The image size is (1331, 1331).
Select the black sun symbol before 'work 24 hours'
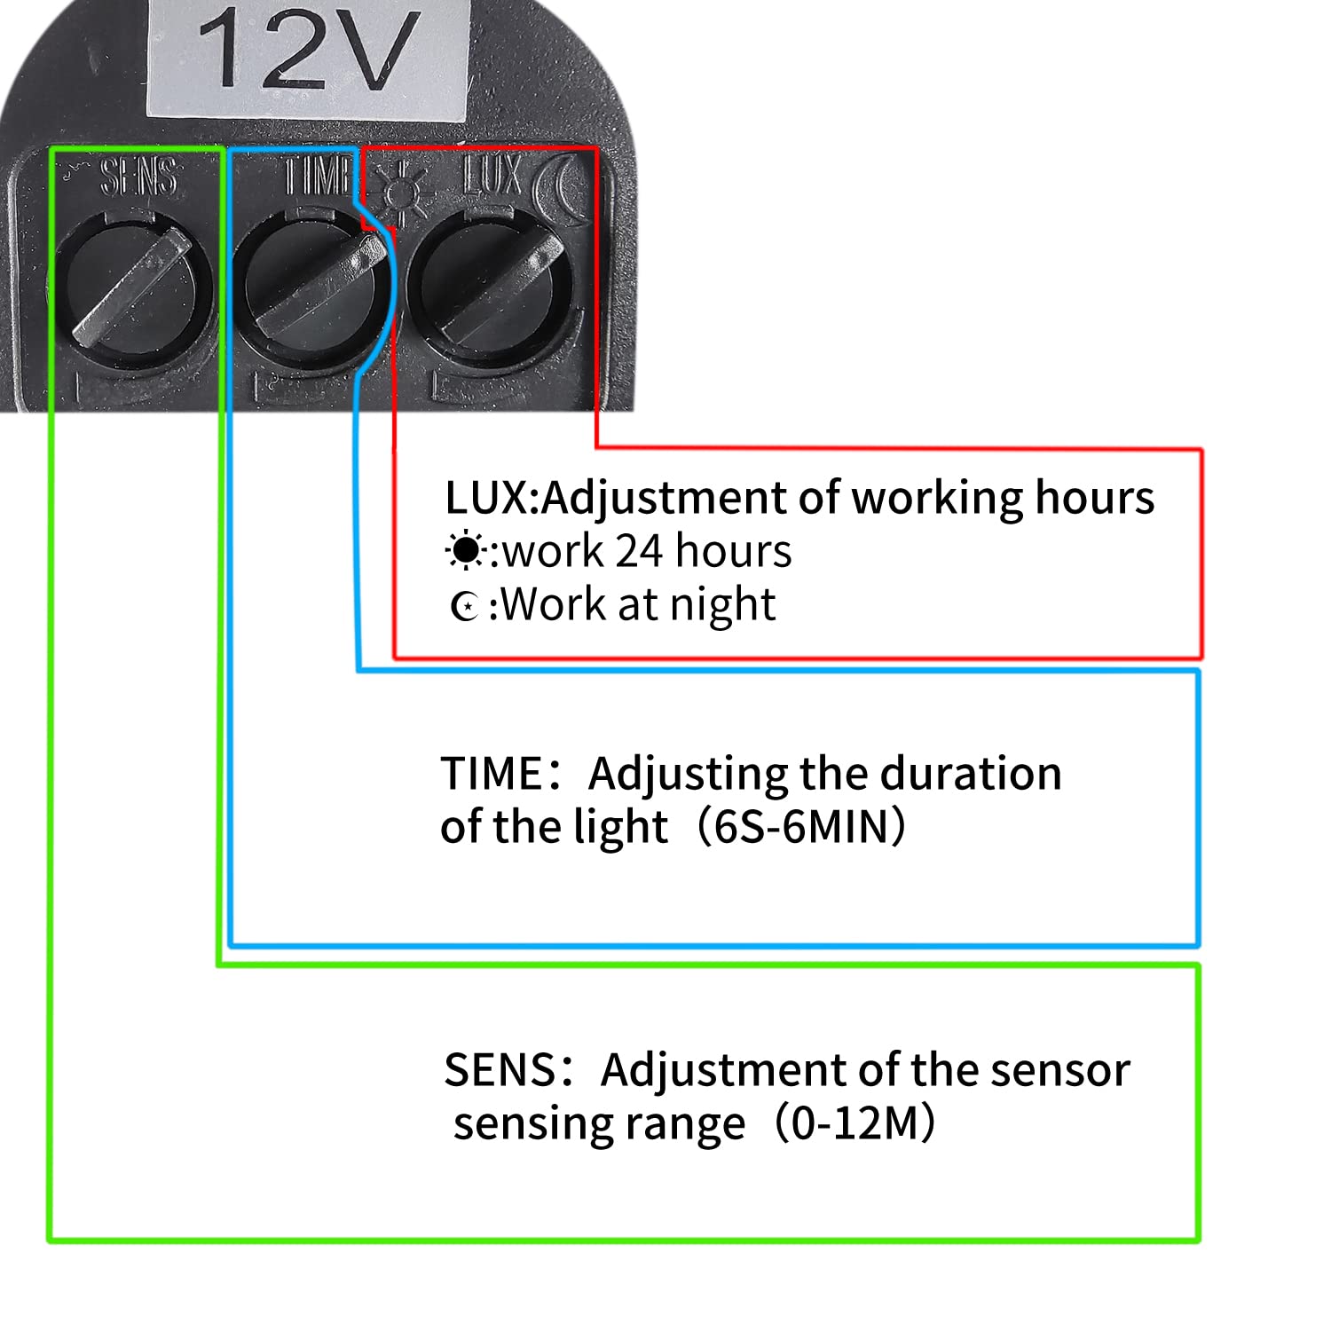coord(464,551)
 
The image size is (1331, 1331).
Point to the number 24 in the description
coord(640,551)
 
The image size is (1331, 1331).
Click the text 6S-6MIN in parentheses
coord(801,827)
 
